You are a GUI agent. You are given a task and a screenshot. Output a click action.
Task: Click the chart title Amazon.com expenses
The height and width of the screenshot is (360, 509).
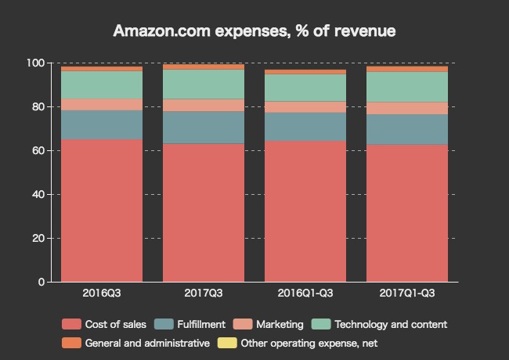[254, 31]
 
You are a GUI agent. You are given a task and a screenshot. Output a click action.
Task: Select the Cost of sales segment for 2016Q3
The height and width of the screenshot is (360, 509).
[102, 211]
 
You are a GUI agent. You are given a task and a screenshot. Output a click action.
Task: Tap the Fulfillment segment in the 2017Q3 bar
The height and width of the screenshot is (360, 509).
[204, 128]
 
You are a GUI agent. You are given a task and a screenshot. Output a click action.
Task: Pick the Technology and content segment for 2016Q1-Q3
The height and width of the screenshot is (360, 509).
[305, 88]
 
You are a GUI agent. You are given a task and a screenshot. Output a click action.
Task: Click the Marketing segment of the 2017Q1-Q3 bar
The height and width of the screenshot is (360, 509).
[407, 109]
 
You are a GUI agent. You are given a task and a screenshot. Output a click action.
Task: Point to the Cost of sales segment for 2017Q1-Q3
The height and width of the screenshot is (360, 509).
[407, 213]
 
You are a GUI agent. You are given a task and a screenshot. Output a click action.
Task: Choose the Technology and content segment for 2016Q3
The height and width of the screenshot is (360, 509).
[102, 85]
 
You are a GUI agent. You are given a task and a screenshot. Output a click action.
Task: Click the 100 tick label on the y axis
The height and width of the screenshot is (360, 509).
[37, 63]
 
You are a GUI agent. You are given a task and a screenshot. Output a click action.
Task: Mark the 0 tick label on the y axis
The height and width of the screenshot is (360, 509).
[42, 282]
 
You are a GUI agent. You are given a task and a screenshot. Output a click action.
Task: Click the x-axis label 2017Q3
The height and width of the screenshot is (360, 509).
[204, 293]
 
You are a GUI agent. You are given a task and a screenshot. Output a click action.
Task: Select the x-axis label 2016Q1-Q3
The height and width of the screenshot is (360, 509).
[305, 293]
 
